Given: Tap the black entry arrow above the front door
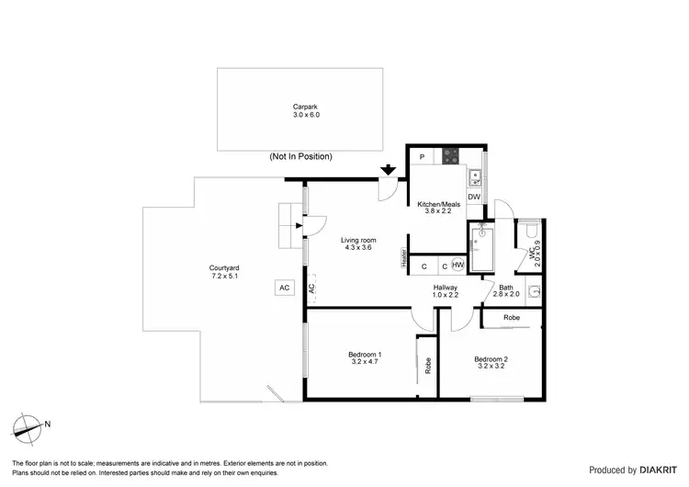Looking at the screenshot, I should [389, 169].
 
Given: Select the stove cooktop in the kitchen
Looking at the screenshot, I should [451, 155].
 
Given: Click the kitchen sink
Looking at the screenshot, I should [475, 177].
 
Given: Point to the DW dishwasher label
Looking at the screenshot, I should [474, 197].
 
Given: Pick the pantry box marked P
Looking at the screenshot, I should [420, 157].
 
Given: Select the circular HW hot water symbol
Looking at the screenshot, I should [457, 266].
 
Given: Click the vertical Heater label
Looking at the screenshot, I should [402, 260].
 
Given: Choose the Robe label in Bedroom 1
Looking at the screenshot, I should [427, 364].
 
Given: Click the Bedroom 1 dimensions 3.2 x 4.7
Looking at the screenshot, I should [365, 362].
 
